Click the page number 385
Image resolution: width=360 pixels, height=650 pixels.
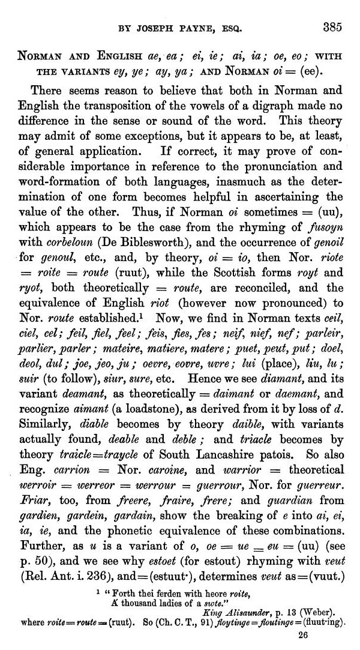(332, 27)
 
